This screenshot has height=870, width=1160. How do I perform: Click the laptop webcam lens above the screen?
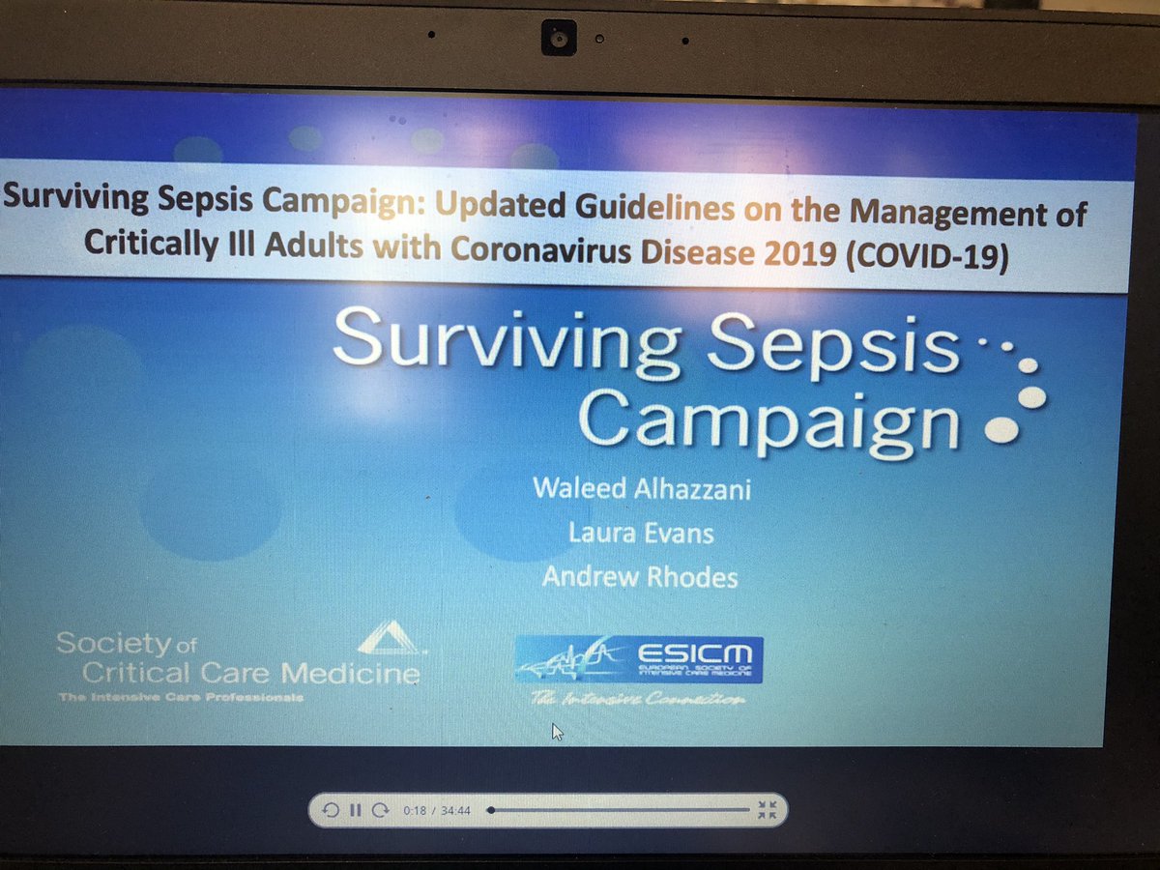(x=559, y=40)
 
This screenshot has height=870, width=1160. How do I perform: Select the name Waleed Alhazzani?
(x=641, y=487)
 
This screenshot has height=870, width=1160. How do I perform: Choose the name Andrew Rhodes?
(x=640, y=578)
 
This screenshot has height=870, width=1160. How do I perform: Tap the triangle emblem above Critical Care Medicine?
(x=388, y=638)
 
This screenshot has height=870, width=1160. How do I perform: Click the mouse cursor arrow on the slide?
(x=557, y=732)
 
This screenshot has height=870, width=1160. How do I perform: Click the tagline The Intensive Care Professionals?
(x=180, y=697)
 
